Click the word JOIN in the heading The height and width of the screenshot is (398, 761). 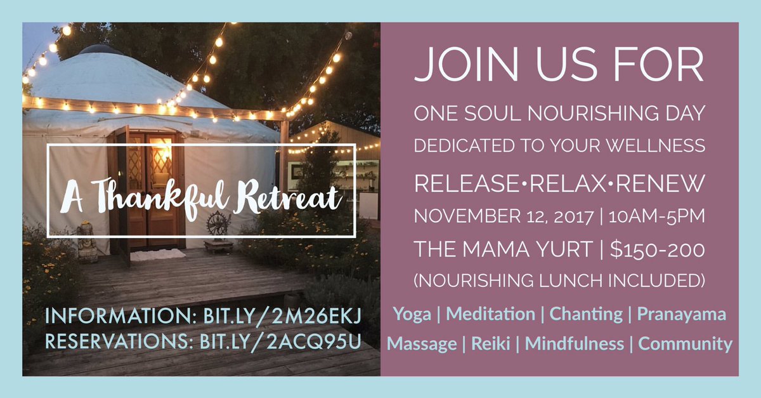(466, 64)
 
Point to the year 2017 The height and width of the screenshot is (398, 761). (573, 217)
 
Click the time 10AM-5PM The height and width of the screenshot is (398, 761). (656, 217)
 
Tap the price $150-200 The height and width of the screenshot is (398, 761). (658, 249)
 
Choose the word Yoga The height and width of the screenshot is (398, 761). (412, 314)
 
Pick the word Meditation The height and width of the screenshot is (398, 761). (490, 314)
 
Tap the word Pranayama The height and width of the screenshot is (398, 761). (681, 314)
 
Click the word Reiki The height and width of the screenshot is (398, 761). (491, 343)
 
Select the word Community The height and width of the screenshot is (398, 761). (685, 344)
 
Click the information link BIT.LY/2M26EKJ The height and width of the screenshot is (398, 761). (282, 316)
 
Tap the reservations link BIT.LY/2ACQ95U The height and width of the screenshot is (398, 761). (280, 342)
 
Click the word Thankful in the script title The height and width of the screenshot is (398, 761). (160, 197)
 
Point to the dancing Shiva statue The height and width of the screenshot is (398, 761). (218, 225)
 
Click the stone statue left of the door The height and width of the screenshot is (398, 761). (87, 241)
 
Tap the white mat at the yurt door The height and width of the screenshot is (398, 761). (158, 255)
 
